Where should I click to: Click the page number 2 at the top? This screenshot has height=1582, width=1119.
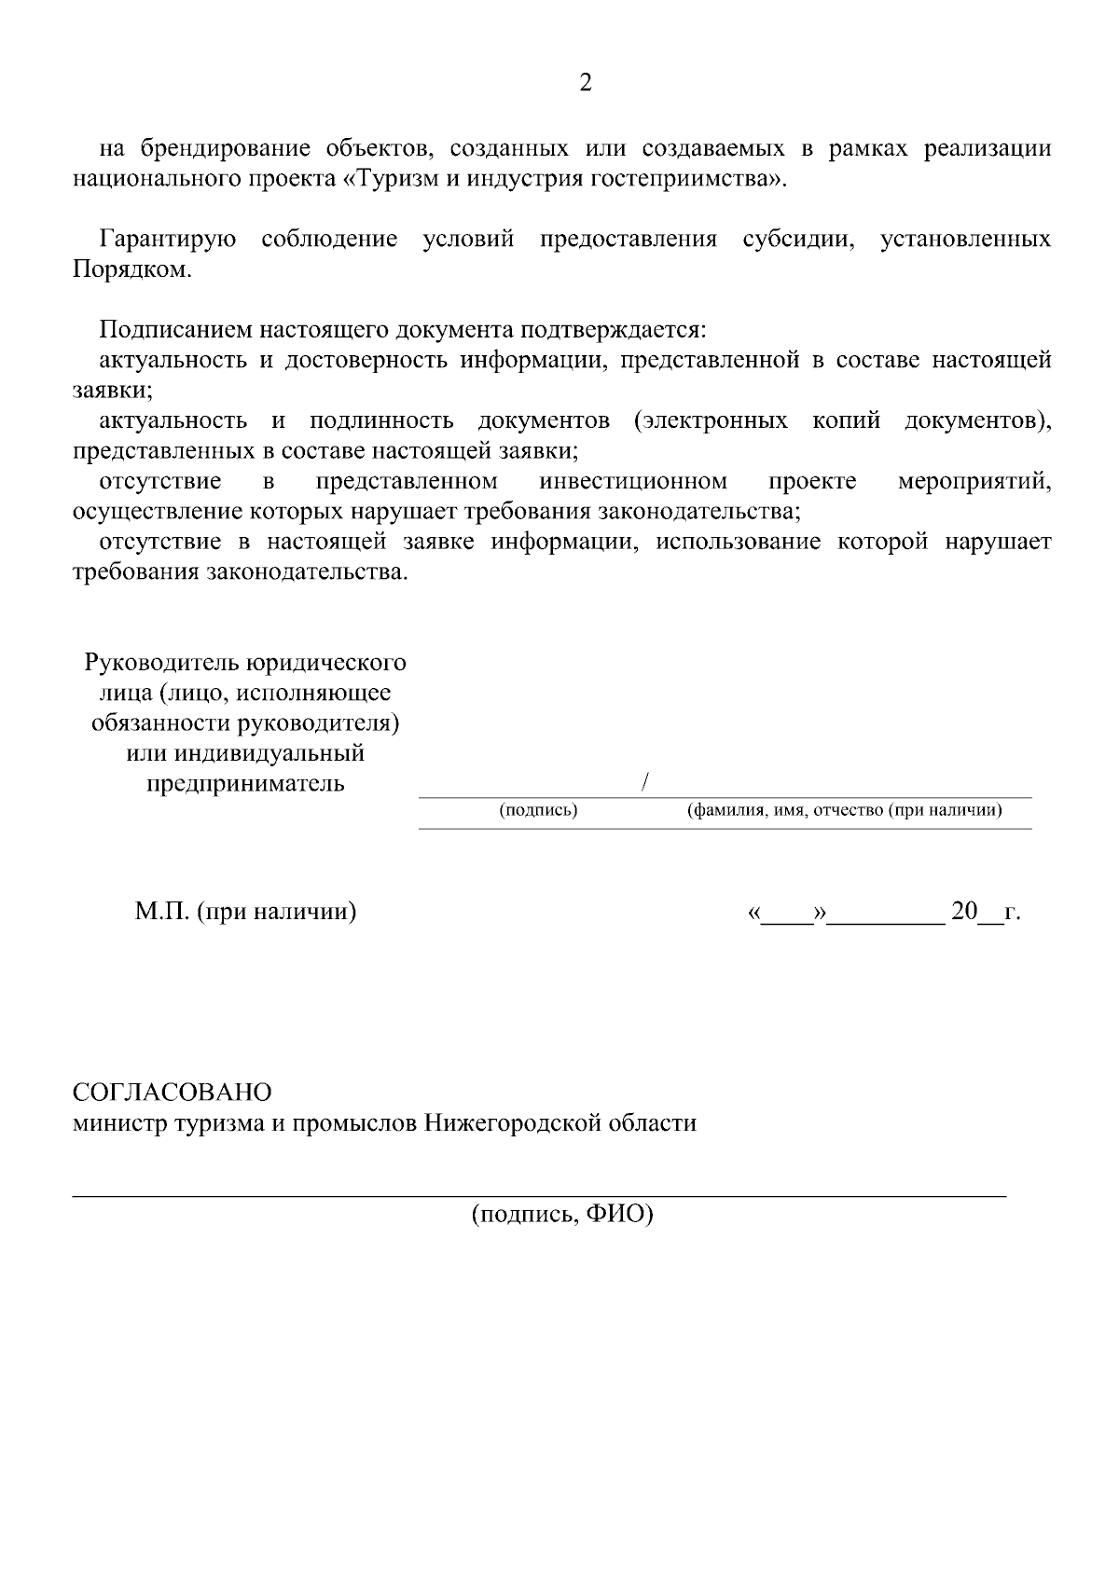pyautogui.click(x=586, y=84)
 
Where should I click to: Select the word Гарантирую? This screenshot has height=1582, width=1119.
pyautogui.click(x=168, y=240)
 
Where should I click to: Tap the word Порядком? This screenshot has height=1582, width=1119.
pyautogui.click(x=131, y=270)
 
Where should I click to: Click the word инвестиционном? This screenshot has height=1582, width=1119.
pyautogui.click(x=633, y=482)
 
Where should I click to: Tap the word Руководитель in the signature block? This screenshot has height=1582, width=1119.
pyautogui.click(x=163, y=663)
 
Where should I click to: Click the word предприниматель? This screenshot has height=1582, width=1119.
pyautogui.click(x=245, y=784)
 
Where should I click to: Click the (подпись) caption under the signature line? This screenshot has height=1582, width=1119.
pyautogui.click(x=539, y=811)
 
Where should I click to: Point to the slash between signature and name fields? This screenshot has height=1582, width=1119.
pyautogui.click(x=645, y=783)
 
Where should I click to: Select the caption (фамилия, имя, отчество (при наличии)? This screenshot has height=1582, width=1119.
pyautogui.click(x=845, y=811)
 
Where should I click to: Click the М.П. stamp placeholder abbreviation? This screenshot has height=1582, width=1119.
pyautogui.click(x=162, y=912)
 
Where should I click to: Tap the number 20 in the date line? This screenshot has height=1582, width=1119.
pyautogui.click(x=963, y=912)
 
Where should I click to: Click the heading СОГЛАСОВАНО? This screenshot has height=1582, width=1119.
pyautogui.click(x=173, y=1093)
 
